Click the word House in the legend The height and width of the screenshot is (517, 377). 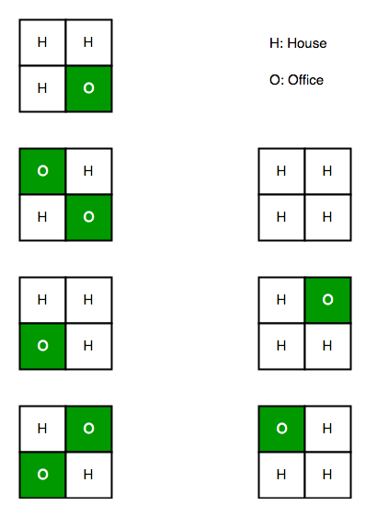click(307, 43)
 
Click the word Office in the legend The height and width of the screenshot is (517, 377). click(305, 80)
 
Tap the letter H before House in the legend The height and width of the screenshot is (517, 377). click(274, 43)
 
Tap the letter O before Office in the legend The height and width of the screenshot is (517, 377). click(275, 80)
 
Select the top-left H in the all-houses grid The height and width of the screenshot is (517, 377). click(281, 171)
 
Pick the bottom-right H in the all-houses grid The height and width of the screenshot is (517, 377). click(327, 217)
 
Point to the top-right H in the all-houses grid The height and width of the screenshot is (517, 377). click(327, 171)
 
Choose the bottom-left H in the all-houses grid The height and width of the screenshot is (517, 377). click(281, 217)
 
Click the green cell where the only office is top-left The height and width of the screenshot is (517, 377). click(281, 429)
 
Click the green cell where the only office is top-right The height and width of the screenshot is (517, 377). click(328, 300)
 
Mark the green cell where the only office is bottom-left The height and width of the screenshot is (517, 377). click(42, 346)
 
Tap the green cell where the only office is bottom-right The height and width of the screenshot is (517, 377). click(88, 88)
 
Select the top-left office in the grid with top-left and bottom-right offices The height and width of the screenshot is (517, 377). click(42, 171)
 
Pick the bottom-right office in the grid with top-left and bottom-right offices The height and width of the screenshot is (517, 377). click(88, 217)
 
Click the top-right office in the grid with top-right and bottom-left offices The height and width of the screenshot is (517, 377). click(88, 429)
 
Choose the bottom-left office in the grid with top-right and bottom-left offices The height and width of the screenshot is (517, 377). click(42, 475)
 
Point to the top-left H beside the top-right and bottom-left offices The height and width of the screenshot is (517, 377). click(42, 429)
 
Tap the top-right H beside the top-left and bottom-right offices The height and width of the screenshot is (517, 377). click(88, 171)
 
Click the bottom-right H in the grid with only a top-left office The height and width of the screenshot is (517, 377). click(327, 475)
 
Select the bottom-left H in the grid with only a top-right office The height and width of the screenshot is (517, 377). click(281, 346)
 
